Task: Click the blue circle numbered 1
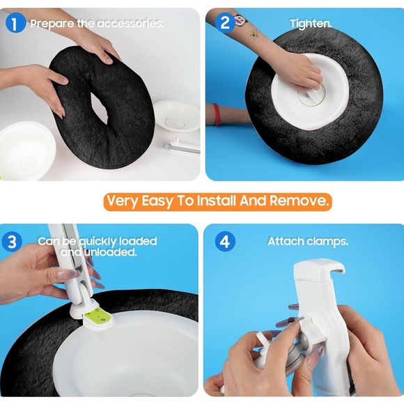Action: click(15, 23)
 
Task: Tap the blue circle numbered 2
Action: click(225, 23)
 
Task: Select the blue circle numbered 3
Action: click(12, 242)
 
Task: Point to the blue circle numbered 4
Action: click(225, 242)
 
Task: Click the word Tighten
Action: click(311, 24)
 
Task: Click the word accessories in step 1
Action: click(130, 24)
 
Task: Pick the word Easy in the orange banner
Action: click(157, 201)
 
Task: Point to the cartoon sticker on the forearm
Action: click(240, 20)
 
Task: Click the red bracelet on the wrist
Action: click(217, 114)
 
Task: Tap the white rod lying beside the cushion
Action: click(182, 148)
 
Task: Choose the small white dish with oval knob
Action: click(177, 116)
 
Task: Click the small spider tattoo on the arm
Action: click(254, 34)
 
